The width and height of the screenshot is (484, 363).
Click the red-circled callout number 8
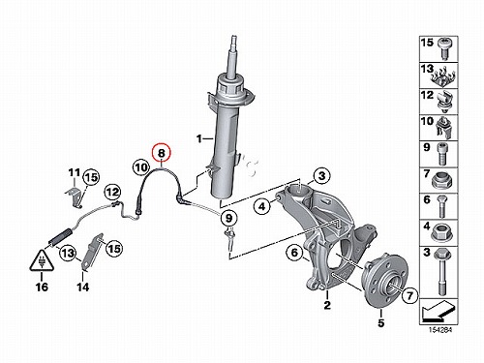(x=162, y=153)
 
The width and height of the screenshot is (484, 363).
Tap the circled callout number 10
(x=141, y=167)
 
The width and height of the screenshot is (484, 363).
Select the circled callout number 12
(x=113, y=193)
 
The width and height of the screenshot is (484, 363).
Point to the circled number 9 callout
(x=228, y=218)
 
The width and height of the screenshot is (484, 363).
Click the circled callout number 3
(x=321, y=176)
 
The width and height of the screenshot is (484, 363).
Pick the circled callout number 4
(x=262, y=206)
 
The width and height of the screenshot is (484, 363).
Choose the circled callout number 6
(x=295, y=253)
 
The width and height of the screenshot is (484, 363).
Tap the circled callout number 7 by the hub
(x=409, y=295)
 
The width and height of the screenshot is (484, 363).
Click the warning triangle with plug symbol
(x=42, y=260)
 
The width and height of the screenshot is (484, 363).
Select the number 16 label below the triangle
(x=42, y=287)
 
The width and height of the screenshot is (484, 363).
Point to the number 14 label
(x=83, y=287)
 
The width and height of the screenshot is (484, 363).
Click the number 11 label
(x=74, y=173)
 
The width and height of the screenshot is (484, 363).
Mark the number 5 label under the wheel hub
(x=381, y=322)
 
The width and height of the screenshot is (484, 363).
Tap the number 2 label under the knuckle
(x=327, y=305)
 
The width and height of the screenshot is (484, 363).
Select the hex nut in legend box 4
(x=442, y=232)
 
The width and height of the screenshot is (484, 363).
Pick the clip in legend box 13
(x=443, y=78)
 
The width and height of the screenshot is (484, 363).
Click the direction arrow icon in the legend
(x=439, y=311)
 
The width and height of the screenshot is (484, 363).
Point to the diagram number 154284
(x=440, y=330)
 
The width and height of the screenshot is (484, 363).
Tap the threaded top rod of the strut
(x=233, y=56)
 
